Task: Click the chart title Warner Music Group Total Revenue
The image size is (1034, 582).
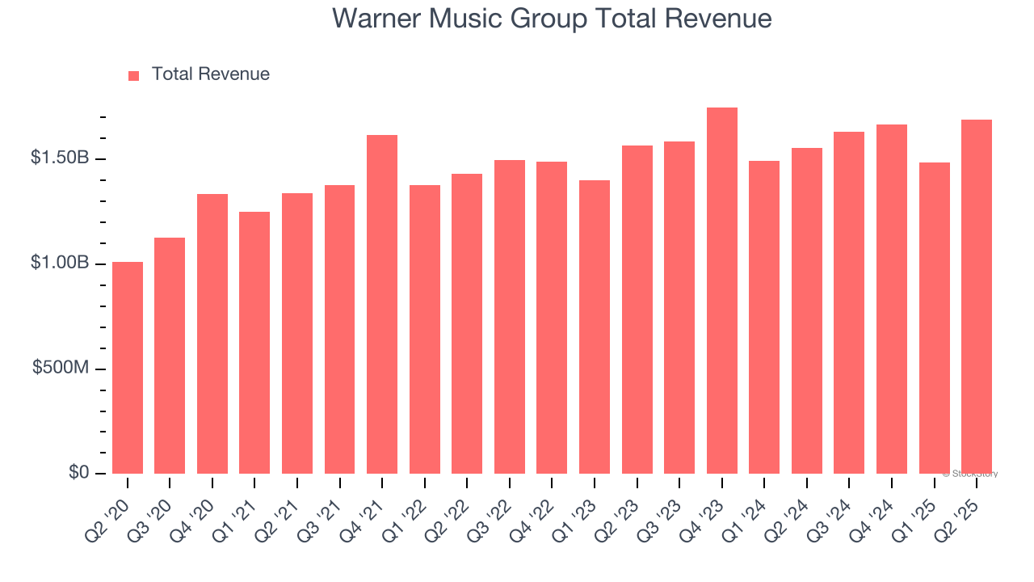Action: tap(552, 19)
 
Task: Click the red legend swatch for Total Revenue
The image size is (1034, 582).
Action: tap(133, 75)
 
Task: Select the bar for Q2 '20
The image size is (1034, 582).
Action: tap(128, 368)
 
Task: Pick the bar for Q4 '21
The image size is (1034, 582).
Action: tap(382, 304)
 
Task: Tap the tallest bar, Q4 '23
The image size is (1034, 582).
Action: tap(721, 291)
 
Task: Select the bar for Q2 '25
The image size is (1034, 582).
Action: tap(976, 297)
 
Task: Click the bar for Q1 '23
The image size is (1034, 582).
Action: tap(594, 327)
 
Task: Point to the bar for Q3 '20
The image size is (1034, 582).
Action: tap(170, 356)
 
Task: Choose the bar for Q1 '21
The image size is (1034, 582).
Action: tap(254, 343)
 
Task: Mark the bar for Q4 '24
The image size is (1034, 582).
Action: tap(891, 299)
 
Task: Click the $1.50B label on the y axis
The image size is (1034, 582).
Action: tap(60, 158)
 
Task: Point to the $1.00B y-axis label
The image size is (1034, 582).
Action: tap(60, 263)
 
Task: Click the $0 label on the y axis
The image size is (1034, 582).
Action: tap(78, 472)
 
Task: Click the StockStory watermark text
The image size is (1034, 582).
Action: tap(970, 474)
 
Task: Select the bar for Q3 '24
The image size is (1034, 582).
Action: tap(848, 302)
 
